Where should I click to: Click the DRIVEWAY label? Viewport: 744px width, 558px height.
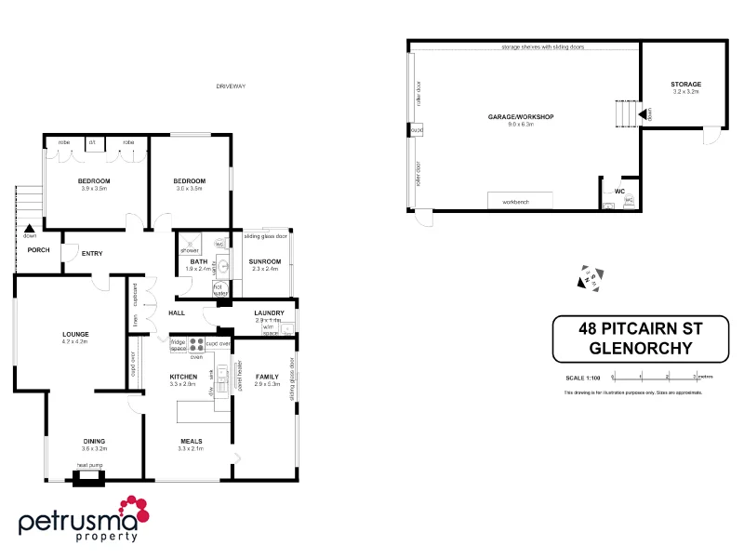pyautogui.click(x=230, y=86)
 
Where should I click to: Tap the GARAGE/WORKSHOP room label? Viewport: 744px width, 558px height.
pyautogui.click(x=521, y=116)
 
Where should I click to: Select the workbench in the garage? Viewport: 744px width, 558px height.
pyautogui.click(x=521, y=201)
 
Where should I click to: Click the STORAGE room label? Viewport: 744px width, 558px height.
pyautogui.click(x=686, y=85)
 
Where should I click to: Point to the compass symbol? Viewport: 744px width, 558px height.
pyautogui.click(x=590, y=277)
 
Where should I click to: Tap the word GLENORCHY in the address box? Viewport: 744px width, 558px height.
pyautogui.click(x=646, y=350)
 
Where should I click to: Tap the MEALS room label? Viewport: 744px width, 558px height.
pyautogui.click(x=190, y=441)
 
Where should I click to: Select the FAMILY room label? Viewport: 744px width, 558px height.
pyautogui.click(x=267, y=376)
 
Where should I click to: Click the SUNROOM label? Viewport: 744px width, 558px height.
pyautogui.click(x=265, y=261)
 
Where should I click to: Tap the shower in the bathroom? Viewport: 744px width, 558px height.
pyautogui.click(x=190, y=244)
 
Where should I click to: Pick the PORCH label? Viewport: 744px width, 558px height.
pyautogui.click(x=38, y=249)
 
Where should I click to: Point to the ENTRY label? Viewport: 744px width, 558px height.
pyautogui.click(x=92, y=253)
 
